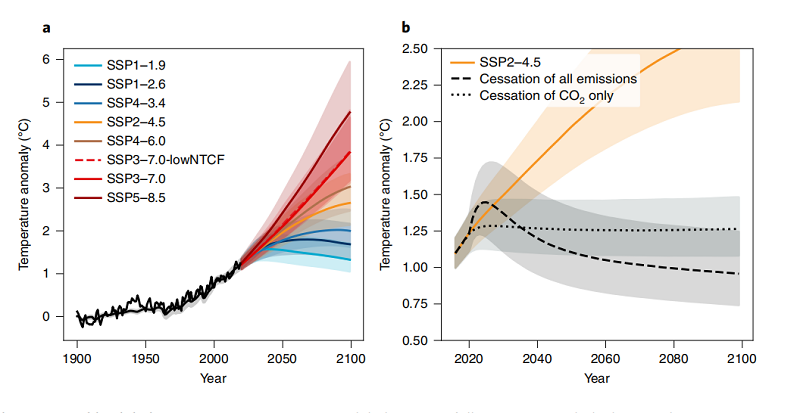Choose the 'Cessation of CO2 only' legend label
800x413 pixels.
pos(547,96)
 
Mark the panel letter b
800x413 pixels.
pos(405,27)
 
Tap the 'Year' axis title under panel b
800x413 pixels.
pos(596,379)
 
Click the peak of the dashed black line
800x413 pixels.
pos(485,202)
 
